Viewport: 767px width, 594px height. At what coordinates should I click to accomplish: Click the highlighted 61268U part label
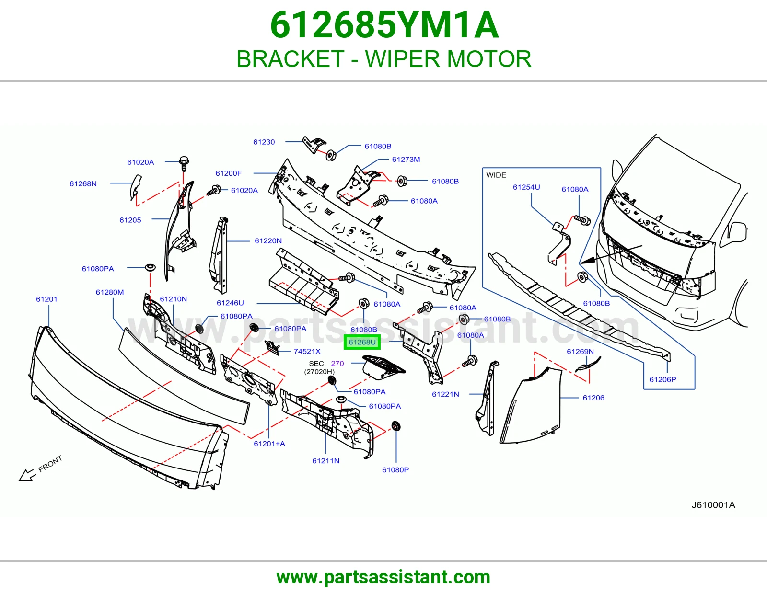click(362, 342)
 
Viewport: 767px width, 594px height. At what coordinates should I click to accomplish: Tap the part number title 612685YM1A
click(384, 25)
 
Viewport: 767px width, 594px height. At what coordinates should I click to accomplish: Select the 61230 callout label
click(264, 142)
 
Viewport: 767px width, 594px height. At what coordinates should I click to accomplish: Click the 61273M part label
click(406, 160)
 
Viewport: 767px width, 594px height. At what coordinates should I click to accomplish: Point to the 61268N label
click(83, 184)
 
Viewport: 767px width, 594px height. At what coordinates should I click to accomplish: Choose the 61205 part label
click(130, 220)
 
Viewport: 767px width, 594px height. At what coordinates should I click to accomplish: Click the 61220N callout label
click(268, 241)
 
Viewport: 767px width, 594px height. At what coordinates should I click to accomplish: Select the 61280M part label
click(110, 292)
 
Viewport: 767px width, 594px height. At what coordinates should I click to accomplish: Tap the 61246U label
click(230, 303)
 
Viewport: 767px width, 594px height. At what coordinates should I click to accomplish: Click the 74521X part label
click(307, 351)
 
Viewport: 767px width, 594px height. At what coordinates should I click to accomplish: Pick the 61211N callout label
click(326, 461)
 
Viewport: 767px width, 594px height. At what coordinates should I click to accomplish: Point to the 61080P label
click(395, 470)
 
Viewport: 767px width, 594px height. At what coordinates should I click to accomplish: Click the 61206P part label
click(663, 379)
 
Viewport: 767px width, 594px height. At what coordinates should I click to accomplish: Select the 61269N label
click(580, 351)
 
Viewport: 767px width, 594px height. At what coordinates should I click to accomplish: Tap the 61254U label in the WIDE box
click(526, 187)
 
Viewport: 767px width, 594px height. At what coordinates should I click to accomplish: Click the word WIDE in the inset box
click(496, 175)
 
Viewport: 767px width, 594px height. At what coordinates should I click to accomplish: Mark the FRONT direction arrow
click(27, 475)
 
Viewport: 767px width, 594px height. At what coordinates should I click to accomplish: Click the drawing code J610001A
click(713, 505)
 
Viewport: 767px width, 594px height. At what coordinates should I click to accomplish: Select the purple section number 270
click(337, 363)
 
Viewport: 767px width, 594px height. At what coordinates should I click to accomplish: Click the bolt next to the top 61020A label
click(184, 162)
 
